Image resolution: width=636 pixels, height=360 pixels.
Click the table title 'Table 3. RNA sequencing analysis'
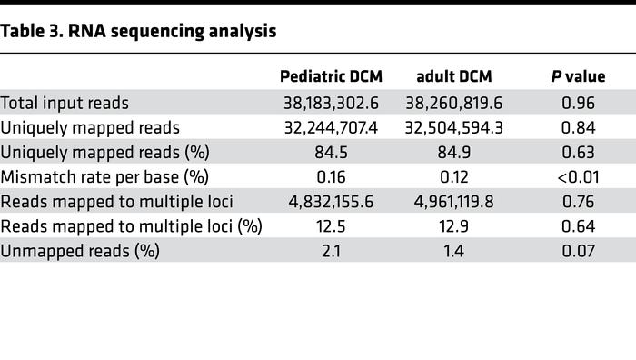(x=138, y=32)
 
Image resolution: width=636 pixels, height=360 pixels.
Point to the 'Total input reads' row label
(x=65, y=103)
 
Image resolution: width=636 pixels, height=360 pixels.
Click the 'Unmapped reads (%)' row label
(x=80, y=251)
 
